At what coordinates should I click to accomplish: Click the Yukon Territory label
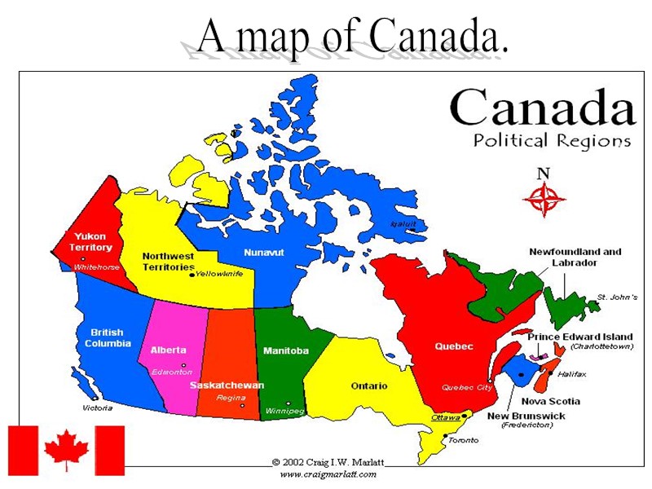tap(90, 241)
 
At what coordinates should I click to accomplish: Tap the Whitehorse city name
tap(96, 267)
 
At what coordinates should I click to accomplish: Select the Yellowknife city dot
tap(192, 275)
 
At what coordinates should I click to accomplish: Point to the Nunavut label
tap(263, 253)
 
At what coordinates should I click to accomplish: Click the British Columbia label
tap(108, 337)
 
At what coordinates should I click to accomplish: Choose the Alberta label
tap(168, 350)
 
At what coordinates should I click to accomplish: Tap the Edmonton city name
tap(171, 372)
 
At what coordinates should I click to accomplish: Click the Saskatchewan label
tap(227, 385)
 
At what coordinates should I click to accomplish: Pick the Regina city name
tap(231, 398)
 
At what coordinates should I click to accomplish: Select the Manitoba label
tap(285, 350)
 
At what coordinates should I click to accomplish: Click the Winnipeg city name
tap(284, 411)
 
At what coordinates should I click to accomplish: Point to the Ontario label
tap(368, 385)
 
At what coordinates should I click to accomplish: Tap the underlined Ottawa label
tap(445, 417)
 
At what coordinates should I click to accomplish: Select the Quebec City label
tap(467, 388)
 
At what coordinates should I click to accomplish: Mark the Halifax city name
tap(571, 374)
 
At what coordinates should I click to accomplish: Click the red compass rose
tap(544, 198)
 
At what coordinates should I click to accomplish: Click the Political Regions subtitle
tap(552, 140)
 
